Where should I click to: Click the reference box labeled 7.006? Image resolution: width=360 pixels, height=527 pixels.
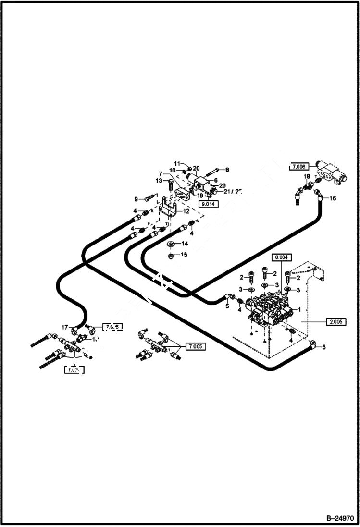tap(298, 167)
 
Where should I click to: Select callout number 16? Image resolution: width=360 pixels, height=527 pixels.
tap(332, 197)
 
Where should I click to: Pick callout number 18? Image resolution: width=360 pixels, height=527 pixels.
tap(307, 177)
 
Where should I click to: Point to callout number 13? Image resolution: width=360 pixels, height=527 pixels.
tap(159, 180)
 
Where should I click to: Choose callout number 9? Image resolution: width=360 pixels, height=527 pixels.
tap(137, 199)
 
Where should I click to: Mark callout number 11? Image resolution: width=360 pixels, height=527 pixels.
tap(176, 165)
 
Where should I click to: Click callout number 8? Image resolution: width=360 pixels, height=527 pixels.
tap(227, 169)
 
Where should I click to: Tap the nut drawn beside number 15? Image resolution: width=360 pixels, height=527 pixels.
tap(172, 255)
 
